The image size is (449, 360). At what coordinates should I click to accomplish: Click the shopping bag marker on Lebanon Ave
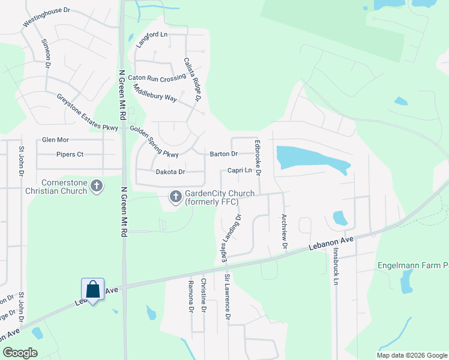click(93, 290)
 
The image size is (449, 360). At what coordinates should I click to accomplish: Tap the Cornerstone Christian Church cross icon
click(97, 187)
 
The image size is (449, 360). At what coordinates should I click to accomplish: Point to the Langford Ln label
click(151, 39)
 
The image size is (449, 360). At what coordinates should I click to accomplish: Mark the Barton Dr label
click(224, 154)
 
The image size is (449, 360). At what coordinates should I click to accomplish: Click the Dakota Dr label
click(170, 172)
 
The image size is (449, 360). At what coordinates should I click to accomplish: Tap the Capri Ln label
click(239, 171)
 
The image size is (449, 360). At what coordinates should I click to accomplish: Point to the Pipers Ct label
click(70, 154)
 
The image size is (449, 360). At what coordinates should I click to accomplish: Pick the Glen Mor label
click(55, 140)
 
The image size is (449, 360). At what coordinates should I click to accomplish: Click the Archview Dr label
click(285, 233)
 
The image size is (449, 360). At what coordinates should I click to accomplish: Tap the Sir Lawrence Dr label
click(228, 296)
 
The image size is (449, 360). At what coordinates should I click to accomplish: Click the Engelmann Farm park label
click(413, 265)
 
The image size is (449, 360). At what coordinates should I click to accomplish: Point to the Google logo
click(20, 353)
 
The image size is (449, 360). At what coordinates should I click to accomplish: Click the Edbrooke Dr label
click(258, 157)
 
